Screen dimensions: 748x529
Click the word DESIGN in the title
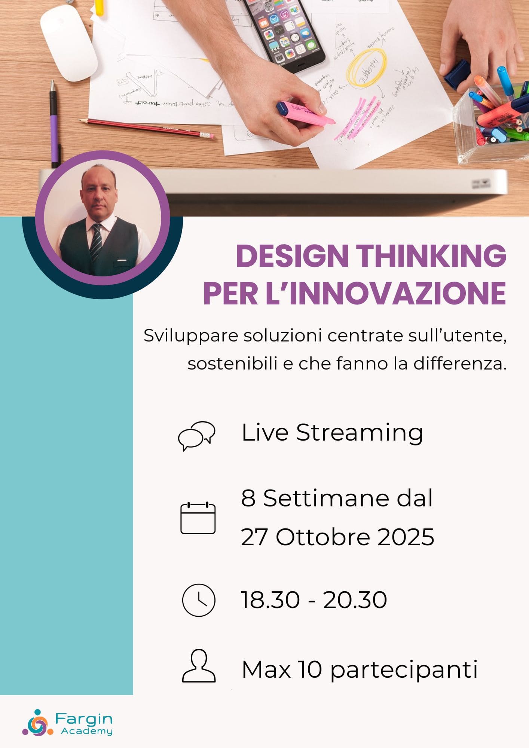pyautogui.click(x=292, y=256)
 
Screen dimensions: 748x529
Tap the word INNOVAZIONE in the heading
pyautogui.click(x=398, y=294)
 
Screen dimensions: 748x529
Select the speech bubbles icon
pyautogui.click(x=196, y=435)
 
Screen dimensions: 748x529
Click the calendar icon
pyautogui.click(x=198, y=518)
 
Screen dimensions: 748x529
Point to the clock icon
pyautogui.click(x=199, y=600)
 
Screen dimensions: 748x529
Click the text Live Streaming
pyautogui.click(x=332, y=433)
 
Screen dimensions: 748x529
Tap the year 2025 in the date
pyautogui.click(x=406, y=537)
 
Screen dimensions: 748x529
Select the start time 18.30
pyautogui.click(x=270, y=600)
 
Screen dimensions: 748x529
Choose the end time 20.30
pyautogui.click(x=355, y=600)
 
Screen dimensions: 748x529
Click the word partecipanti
pyautogui.click(x=404, y=669)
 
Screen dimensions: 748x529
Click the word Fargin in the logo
pyautogui.click(x=84, y=718)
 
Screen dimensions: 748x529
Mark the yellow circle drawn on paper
pyautogui.click(x=366, y=68)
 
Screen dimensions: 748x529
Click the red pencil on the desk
pyautogui.click(x=146, y=128)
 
